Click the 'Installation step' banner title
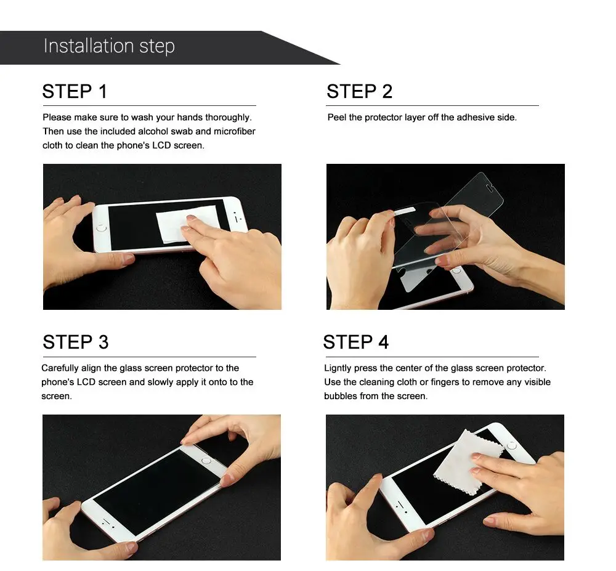109,46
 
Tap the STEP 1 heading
75,92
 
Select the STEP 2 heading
360,92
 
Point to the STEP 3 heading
75,342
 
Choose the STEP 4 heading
356,342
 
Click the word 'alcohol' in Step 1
152,131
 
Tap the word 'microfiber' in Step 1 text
235,131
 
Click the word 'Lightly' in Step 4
338,368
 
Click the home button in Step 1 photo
102,228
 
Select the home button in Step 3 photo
206,461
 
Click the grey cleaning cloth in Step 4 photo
468,462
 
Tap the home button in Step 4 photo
511,446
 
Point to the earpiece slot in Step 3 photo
106,522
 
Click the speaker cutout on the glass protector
490,188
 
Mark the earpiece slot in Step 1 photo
236,217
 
